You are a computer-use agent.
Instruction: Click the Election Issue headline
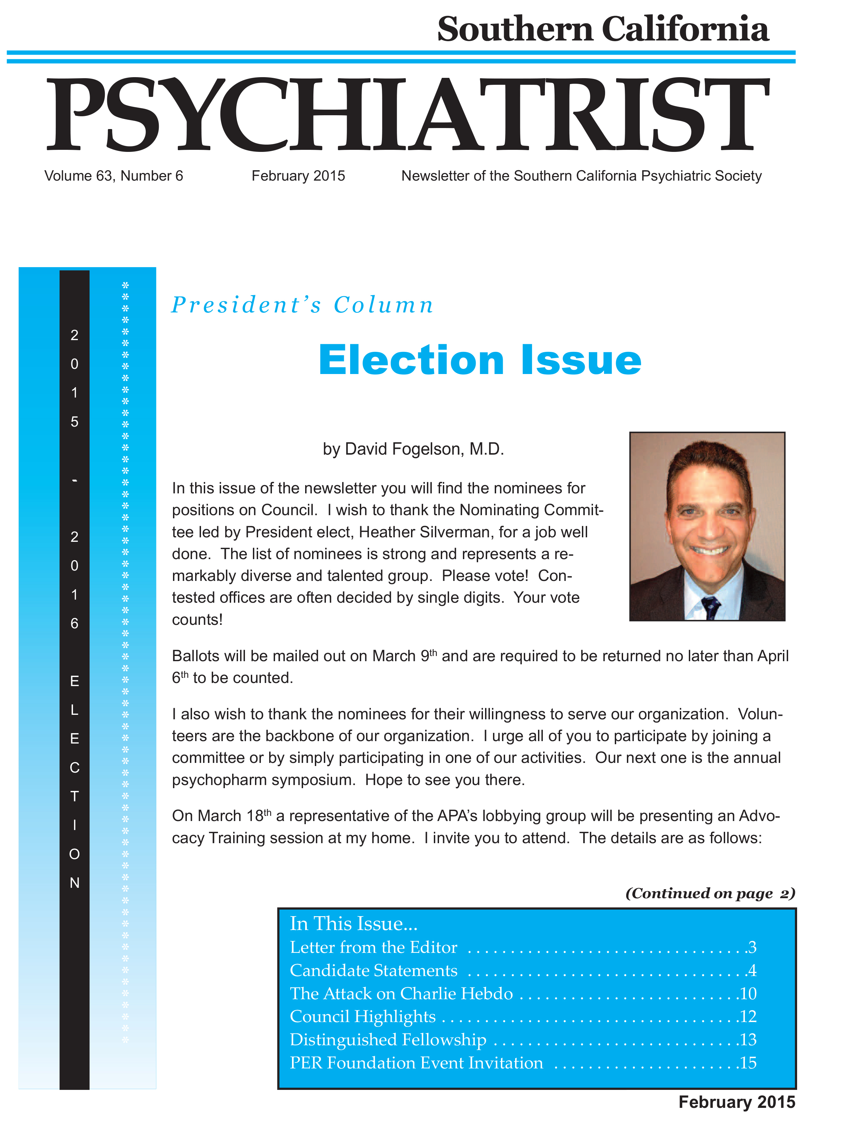click(x=480, y=360)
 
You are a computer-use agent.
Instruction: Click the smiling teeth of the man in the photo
click(x=710, y=550)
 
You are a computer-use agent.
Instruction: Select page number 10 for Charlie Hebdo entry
click(x=748, y=993)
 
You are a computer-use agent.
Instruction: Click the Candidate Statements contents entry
click(x=374, y=970)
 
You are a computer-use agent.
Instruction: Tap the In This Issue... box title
click(x=353, y=923)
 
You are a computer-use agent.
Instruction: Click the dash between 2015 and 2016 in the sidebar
click(x=74, y=480)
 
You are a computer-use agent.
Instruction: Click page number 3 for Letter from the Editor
click(x=752, y=947)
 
